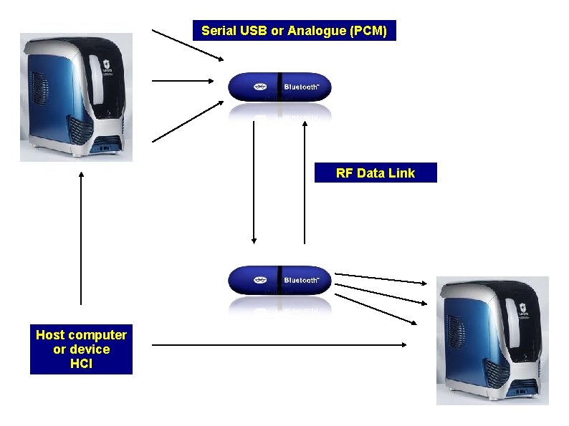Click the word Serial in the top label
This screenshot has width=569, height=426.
[x=216, y=31]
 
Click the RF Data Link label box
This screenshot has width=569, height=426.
[x=375, y=173]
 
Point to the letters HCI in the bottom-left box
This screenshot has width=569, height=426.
[x=81, y=364]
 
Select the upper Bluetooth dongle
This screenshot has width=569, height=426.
[x=279, y=87]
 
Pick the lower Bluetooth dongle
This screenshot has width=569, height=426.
[x=279, y=281]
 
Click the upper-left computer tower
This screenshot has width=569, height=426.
[x=76, y=97]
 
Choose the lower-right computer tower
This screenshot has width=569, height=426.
[x=493, y=340]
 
